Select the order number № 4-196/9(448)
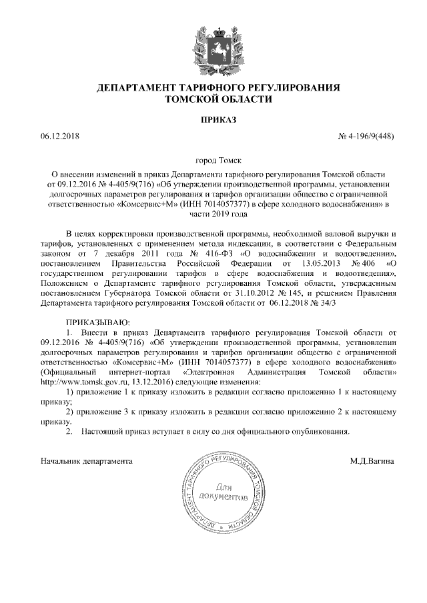[x=366, y=137]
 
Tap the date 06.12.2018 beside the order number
[x=60, y=137]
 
